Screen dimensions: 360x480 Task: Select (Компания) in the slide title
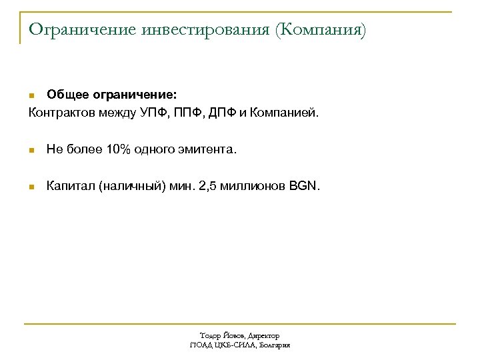tap(323, 30)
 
